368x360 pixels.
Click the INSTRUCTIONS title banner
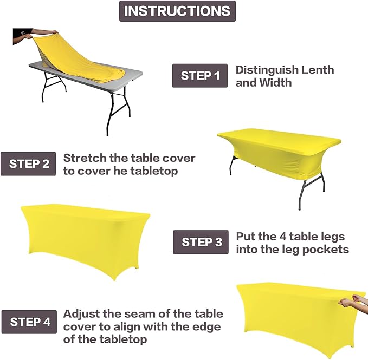point(177,11)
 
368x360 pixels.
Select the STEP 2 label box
point(29,164)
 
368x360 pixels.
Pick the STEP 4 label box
point(30,322)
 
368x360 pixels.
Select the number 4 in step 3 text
point(280,237)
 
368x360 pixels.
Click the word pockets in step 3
point(330,250)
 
